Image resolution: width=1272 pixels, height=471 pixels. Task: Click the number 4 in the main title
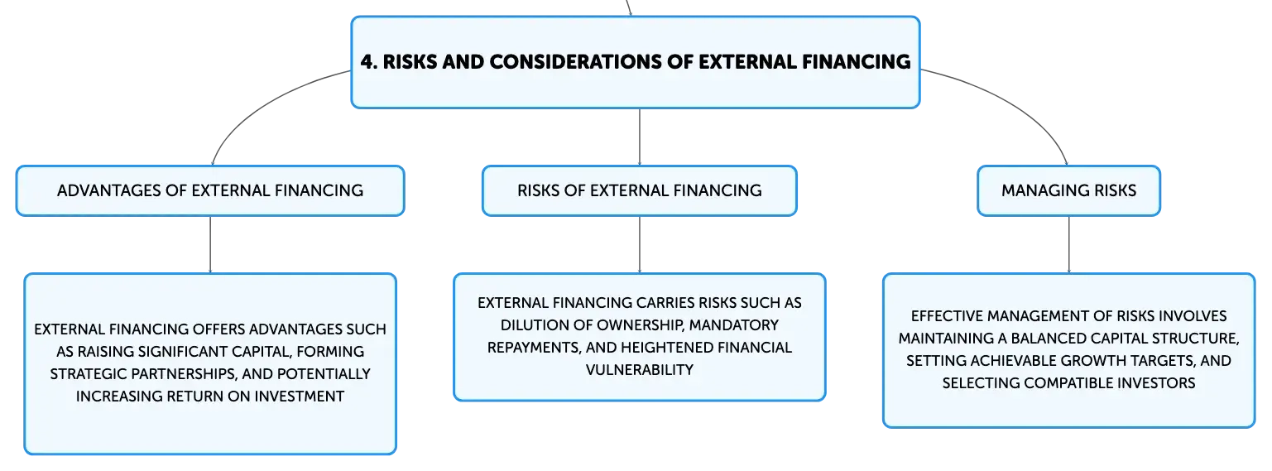click(x=368, y=61)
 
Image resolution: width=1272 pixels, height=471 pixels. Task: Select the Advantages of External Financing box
click(x=210, y=191)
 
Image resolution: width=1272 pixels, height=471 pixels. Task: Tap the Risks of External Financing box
click(x=640, y=191)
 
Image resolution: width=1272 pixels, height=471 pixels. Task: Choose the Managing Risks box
click(x=1068, y=191)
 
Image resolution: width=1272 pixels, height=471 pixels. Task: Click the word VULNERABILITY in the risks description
click(x=640, y=370)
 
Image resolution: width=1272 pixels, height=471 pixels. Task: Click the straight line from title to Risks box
click(x=640, y=137)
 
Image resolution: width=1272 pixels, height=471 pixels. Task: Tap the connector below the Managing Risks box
click(x=1068, y=245)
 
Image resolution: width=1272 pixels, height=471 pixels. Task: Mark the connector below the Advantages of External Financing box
click(x=210, y=245)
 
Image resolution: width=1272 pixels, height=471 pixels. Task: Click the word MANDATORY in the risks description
click(x=734, y=325)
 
